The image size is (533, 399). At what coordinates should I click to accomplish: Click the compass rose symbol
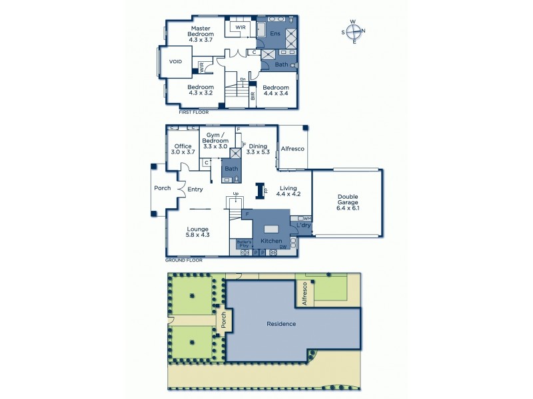click(x=354, y=31)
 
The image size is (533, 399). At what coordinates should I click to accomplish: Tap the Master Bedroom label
click(x=201, y=34)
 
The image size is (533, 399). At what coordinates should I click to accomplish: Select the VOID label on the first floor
click(x=175, y=61)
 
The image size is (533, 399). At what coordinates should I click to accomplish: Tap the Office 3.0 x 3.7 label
click(x=183, y=150)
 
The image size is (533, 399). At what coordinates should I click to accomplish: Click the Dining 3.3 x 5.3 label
click(x=257, y=150)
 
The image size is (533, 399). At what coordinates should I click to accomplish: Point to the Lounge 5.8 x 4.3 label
click(x=197, y=232)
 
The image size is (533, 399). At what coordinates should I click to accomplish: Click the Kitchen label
click(x=271, y=241)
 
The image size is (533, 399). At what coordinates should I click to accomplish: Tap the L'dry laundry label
click(x=304, y=226)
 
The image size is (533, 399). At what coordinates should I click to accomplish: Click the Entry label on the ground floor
click(x=195, y=190)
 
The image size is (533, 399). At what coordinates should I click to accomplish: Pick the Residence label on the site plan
click(x=281, y=324)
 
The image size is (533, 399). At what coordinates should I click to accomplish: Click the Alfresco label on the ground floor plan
click(x=292, y=149)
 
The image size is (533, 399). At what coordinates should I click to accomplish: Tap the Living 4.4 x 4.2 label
click(x=289, y=192)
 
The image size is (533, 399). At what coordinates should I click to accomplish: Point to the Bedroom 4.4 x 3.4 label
click(x=276, y=91)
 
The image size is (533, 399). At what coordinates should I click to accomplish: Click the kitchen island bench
click(x=270, y=227)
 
